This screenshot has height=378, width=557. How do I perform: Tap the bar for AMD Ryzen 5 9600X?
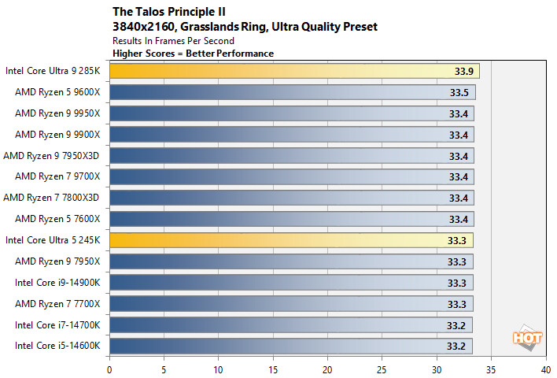[x=292, y=92]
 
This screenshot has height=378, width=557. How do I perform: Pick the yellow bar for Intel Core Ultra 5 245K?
[x=291, y=239]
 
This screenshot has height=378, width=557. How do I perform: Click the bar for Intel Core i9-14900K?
[x=291, y=282]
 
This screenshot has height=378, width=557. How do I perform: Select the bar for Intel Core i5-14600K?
[x=290, y=345]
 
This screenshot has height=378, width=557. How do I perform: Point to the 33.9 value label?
[x=463, y=71]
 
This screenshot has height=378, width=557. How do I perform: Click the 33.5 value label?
[x=459, y=92]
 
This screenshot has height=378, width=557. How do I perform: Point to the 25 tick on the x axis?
[x=382, y=367]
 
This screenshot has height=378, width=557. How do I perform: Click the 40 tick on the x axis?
[x=544, y=367]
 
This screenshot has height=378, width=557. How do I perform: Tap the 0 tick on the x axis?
[x=109, y=367]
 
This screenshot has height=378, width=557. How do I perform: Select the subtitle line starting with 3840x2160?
[x=245, y=27]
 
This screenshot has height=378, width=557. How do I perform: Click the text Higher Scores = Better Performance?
[x=193, y=54]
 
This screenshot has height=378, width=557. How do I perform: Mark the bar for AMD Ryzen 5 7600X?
[x=291, y=218]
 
